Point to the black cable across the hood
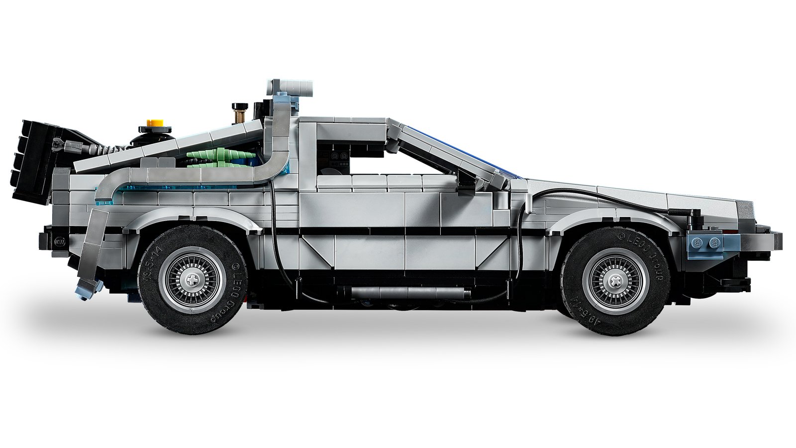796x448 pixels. (x=597, y=194)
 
